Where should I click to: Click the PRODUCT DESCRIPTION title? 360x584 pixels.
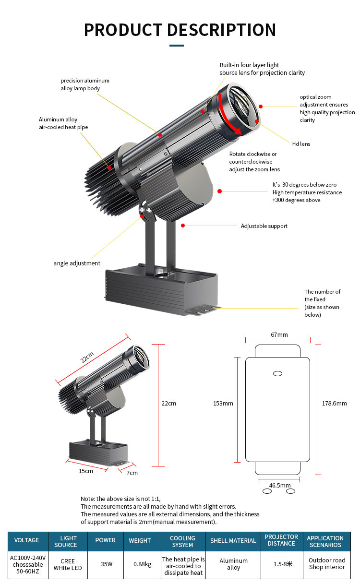pyautogui.click(x=180, y=30)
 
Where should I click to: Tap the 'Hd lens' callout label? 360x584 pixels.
pyautogui.click(x=301, y=144)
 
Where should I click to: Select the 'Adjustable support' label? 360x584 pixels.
pyautogui.click(x=264, y=226)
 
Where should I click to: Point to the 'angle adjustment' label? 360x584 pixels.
pyautogui.click(x=77, y=263)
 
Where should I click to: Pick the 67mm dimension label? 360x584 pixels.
pyautogui.click(x=279, y=335)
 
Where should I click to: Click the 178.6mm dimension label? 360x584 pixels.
pyautogui.click(x=334, y=403)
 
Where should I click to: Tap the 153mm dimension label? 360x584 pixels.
pyautogui.click(x=223, y=403)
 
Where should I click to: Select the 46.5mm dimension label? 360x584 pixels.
pyautogui.click(x=280, y=485)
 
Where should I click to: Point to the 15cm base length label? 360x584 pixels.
pyautogui.click(x=86, y=471)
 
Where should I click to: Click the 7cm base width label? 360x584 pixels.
pyautogui.click(x=132, y=473)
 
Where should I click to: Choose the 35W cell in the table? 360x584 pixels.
pyautogui.click(x=107, y=564)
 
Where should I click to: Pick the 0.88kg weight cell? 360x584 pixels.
pyautogui.click(x=143, y=564)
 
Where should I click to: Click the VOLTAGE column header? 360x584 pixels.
pyautogui.click(x=26, y=540)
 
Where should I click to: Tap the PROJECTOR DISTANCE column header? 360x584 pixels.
pyautogui.click(x=281, y=540)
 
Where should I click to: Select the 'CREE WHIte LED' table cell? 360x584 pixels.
pyautogui.click(x=68, y=565)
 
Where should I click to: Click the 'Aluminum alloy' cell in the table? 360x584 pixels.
pyautogui.click(x=233, y=564)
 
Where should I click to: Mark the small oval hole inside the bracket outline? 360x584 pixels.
pyautogui.click(x=277, y=374)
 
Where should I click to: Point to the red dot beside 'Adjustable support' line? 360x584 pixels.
pyautogui.click(x=183, y=226)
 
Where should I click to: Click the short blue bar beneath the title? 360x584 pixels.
pyautogui.click(x=177, y=46)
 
